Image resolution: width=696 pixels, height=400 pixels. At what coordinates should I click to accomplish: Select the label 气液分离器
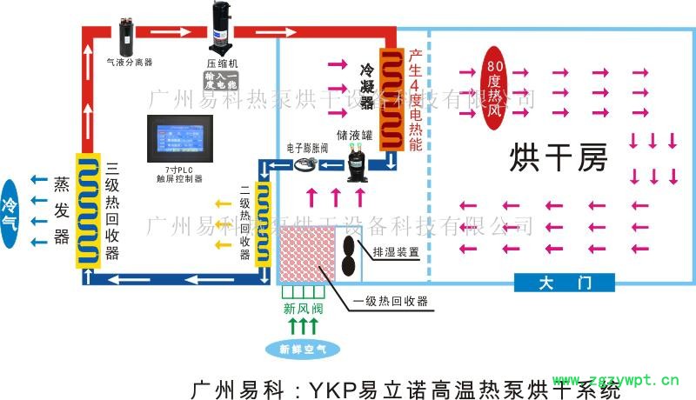(129, 63)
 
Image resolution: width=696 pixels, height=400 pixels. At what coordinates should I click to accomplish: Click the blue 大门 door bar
(564, 283)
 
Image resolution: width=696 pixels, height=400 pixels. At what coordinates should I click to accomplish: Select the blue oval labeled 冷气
(10, 212)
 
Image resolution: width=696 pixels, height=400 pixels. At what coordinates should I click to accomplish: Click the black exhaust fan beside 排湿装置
(350, 255)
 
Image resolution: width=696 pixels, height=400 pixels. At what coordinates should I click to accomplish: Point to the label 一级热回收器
(391, 302)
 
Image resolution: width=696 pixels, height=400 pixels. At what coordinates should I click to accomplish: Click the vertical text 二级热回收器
(245, 223)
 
